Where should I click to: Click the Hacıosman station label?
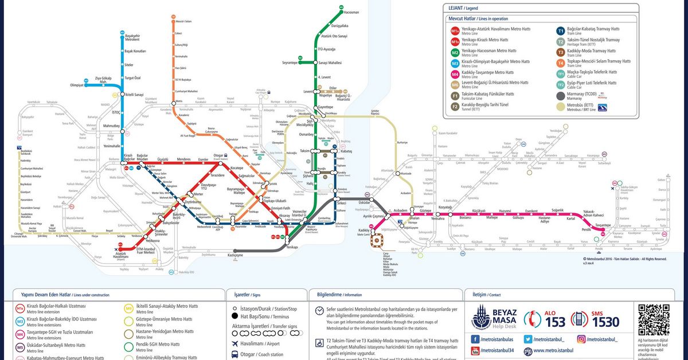coord(351,12)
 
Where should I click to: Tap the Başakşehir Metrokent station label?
coord(132,38)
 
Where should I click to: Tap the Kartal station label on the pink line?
coord(570,218)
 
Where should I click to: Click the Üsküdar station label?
coord(365,202)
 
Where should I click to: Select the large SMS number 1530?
coord(605,322)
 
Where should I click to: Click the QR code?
coord(654,318)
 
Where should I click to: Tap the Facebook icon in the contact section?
coord(475,339)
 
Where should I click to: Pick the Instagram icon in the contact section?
coord(581,339)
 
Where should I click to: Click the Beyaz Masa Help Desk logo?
coord(494,318)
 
